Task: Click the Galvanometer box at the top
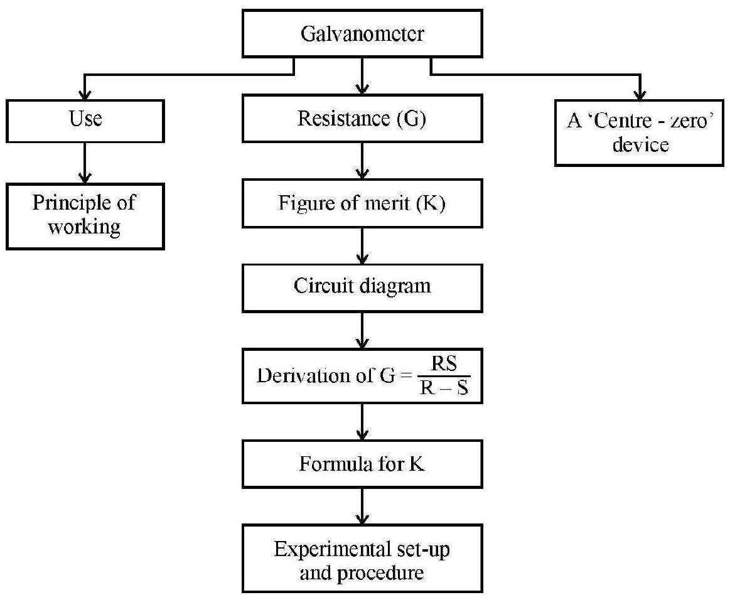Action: click(362, 33)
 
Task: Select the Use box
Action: click(85, 121)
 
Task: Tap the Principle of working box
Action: click(85, 216)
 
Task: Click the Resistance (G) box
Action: click(362, 118)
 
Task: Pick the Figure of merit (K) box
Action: click(362, 203)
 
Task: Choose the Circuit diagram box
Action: click(362, 287)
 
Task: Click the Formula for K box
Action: click(362, 464)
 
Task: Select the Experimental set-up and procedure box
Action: click(362, 558)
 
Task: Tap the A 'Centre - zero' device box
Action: click(640, 132)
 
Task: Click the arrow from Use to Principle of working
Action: click(84, 163)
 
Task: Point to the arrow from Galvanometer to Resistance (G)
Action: click(362, 76)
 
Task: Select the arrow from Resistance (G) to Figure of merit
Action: click(362, 161)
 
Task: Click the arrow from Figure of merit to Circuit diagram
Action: click(362, 246)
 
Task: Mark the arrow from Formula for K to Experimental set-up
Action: click(362, 506)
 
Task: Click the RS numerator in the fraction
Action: click(444, 363)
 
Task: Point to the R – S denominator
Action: click(444, 387)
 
